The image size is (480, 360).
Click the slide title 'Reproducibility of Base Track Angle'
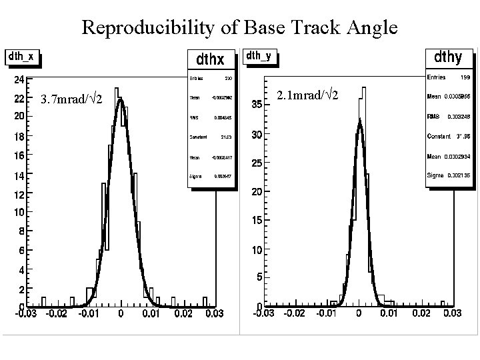[x=239, y=27]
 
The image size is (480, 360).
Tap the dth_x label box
[x=21, y=57]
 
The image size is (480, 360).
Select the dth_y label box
[x=259, y=56]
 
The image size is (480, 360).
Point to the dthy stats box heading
[x=448, y=57]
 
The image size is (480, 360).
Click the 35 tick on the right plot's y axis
[x=256, y=105]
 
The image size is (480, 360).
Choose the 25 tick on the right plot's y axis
[x=256, y=163]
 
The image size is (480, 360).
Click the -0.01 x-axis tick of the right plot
[x=326, y=313]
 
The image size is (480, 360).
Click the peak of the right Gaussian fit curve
[x=359, y=121]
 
